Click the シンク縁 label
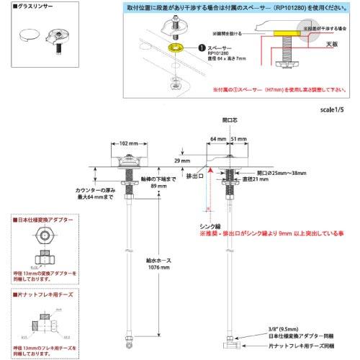pyautogui.click(x=210, y=225)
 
